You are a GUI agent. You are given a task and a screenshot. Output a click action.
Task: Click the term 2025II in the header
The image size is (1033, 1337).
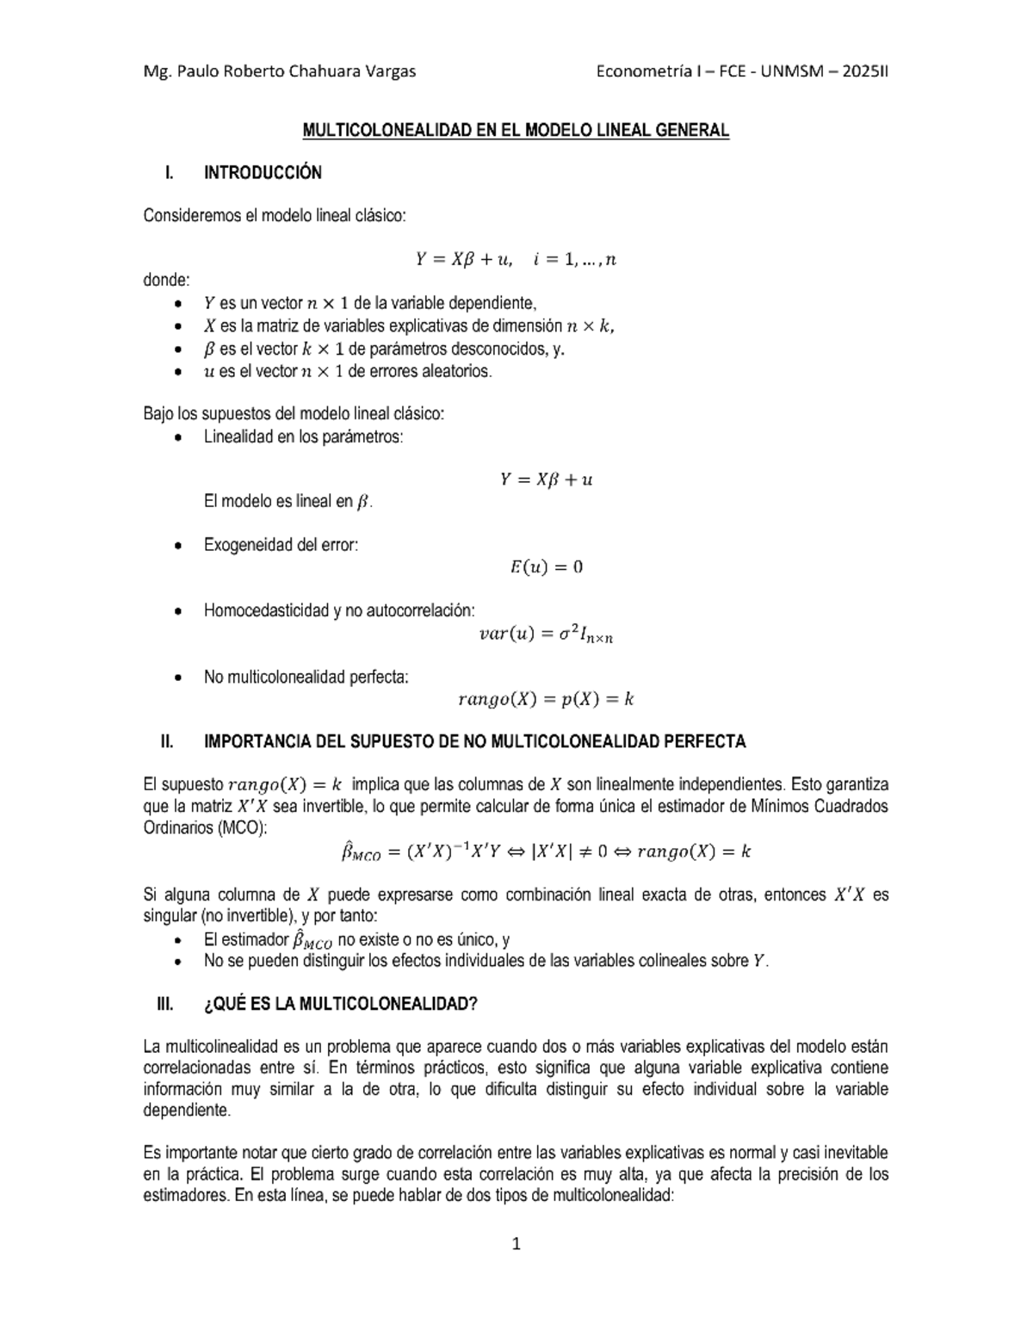coord(864,71)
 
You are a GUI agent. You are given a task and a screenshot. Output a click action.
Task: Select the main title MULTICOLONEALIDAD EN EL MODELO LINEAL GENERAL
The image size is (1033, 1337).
coord(516,131)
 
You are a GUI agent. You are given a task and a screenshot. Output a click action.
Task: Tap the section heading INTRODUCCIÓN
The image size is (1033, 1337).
coord(263,173)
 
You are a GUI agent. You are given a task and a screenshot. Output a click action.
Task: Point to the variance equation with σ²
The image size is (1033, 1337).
coord(546,634)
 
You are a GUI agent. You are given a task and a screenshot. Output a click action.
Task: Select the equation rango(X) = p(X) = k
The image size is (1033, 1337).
coord(546,700)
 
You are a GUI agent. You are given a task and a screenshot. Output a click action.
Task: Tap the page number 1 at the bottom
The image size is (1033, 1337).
coord(516,1244)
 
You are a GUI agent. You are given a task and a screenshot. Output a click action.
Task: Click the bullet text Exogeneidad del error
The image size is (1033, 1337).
coord(281,545)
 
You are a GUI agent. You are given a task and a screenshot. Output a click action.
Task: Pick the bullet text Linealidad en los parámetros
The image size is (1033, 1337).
coord(303,436)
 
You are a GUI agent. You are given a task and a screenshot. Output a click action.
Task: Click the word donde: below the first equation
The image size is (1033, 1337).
coord(166,280)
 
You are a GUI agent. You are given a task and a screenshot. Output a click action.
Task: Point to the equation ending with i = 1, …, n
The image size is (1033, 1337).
coord(516,259)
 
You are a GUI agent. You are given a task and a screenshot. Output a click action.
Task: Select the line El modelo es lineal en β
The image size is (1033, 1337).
coord(288,501)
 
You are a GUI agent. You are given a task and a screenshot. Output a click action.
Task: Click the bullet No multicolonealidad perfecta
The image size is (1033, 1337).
coord(306,677)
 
